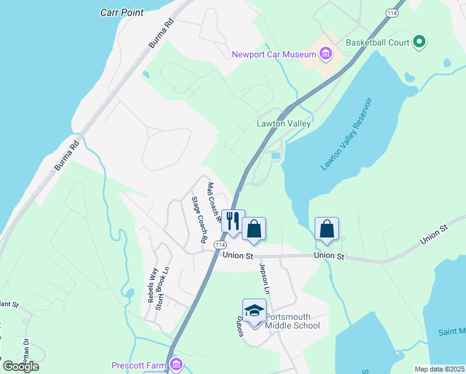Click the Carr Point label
pos(122,12)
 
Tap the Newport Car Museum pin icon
pos(325,54)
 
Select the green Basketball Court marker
pos(419,42)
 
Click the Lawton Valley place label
pos(283,123)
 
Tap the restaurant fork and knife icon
pos(233,221)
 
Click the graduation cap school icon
pos(254,310)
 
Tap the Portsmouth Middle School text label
pos(292,321)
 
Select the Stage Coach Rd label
pos(199,219)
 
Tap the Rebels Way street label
pos(151,285)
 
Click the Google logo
pos(21,366)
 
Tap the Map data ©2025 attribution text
pos(439,369)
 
